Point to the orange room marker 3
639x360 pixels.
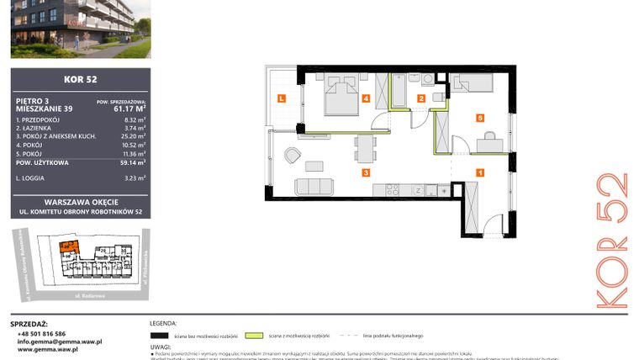(x=365, y=172)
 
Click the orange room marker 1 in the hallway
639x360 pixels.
(x=479, y=172)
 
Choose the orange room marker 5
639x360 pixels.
(x=479, y=119)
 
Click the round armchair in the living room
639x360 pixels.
(x=292, y=155)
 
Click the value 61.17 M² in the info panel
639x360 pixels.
(x=130, y=108)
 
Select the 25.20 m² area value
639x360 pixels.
(x=135, y=135)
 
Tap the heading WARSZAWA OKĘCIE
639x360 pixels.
(x=81, y=201)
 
